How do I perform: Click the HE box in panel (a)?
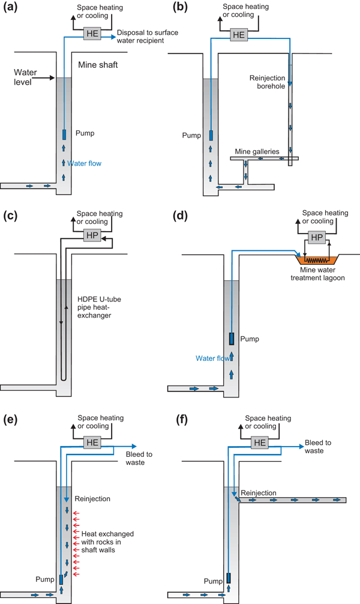(x=92, y=34)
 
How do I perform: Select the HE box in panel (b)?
(x=239, y=35)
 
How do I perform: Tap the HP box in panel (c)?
(x=92, y=235)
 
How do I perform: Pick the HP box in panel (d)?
(x=317, y=237)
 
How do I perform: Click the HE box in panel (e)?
(x=92, y=442)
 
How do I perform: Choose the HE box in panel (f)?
(x=260, y=442)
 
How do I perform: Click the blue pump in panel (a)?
(x=64, y=135)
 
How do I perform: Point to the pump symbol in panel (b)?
(x=211, y=135)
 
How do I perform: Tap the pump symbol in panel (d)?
(x=232, y=339)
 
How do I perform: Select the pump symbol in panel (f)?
(x=229, y=578)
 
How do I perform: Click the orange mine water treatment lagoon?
(x=317, y=260)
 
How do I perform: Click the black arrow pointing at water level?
(x=46, y=78)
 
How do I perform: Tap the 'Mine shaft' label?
(x=98, y=65)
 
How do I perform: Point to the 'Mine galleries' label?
(x=257, y=151)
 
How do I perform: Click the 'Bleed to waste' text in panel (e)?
(x=139, y=458)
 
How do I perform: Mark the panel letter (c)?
(x=10, y=216)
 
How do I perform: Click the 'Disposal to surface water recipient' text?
(x=148, y=37)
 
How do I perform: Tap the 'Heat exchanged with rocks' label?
(x=107, y=542)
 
